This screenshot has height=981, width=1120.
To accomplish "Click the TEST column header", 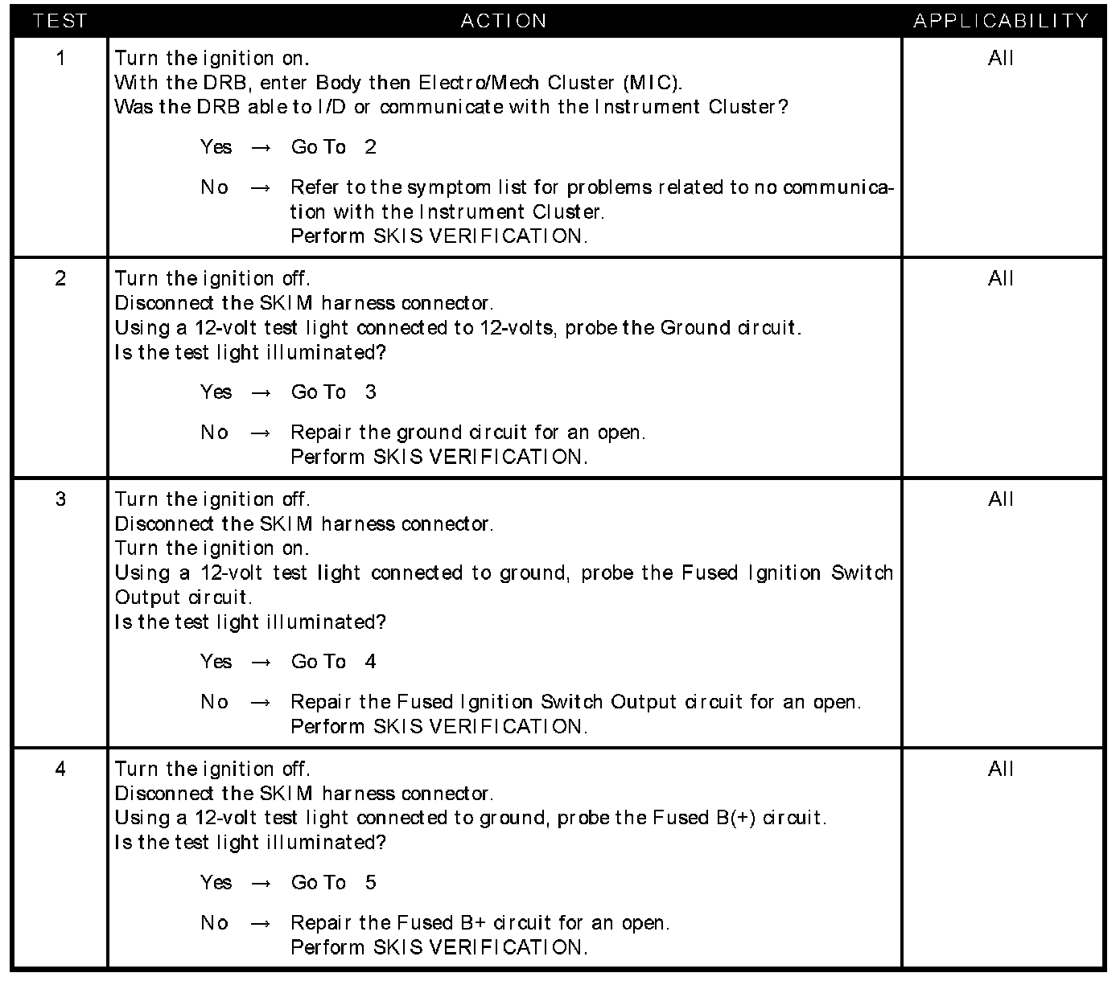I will pos(60,21).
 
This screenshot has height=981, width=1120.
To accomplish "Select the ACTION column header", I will pos(504,21).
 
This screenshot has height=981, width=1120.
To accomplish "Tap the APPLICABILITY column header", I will pos(1001,21).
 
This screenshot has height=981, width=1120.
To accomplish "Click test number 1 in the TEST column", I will pos(60,58).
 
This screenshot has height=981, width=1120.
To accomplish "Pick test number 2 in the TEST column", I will pos(60,278).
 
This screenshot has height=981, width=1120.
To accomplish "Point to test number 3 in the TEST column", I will pos(60,499).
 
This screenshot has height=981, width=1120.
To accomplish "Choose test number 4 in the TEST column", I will pos(60,769).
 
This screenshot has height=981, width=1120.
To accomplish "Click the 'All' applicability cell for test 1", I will pos(1001,58).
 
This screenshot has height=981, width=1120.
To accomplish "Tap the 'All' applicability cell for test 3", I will pos(1001,499).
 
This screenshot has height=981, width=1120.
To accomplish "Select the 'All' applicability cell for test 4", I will pos(1001,769).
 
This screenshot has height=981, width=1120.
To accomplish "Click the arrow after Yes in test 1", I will pos(261,148).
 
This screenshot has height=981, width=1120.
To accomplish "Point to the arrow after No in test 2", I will pos(261,433).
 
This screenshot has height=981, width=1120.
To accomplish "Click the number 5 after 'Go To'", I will pos(370,883).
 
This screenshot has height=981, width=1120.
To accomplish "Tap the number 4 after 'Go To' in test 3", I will pos(370,662).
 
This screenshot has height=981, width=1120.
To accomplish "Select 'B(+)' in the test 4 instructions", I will pos(735,818).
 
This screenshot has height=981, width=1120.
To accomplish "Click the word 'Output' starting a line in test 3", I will pos(147,597).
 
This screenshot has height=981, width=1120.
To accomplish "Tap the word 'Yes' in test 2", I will pos(216,392).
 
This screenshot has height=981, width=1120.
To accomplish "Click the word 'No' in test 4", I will pos(215,923).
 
